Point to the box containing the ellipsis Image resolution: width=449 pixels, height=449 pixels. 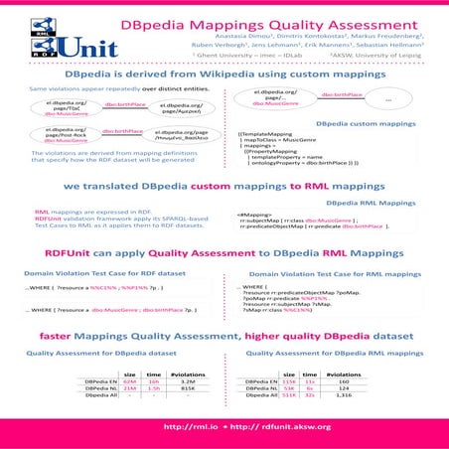click(x=388, y=101)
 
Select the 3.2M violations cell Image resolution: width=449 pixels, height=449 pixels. click(x=184, y=379)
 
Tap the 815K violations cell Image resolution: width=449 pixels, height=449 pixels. click(x=184, y=386)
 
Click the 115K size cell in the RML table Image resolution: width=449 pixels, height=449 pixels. click(x=290, y=379)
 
